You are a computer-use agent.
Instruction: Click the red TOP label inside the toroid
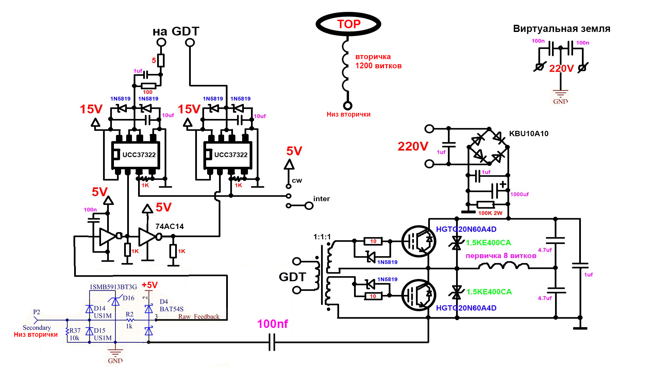coord(349,24)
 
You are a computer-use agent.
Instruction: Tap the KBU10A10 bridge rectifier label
coord(529,134)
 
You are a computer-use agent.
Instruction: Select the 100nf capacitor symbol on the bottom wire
coord(272,342)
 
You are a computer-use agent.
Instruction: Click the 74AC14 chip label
coord(169,226)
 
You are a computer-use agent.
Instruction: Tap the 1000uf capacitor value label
coord(519,194)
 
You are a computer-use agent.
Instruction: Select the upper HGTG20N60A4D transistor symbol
coord(419,241)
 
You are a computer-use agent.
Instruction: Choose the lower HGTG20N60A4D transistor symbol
coord(419,295)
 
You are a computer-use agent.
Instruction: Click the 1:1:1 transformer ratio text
coord(322,237)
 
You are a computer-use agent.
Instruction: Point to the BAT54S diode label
coord(171,309)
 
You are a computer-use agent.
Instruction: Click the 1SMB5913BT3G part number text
coord(113,287)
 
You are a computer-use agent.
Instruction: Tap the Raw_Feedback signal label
coord(199,317)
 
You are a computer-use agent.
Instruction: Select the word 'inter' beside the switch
coord(321,199)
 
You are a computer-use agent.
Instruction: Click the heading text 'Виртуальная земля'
coord(562,29)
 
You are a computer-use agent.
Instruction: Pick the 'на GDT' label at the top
coord(176,31)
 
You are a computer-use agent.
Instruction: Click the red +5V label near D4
coord(150,285)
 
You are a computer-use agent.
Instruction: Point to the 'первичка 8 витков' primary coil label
coord(501,256)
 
